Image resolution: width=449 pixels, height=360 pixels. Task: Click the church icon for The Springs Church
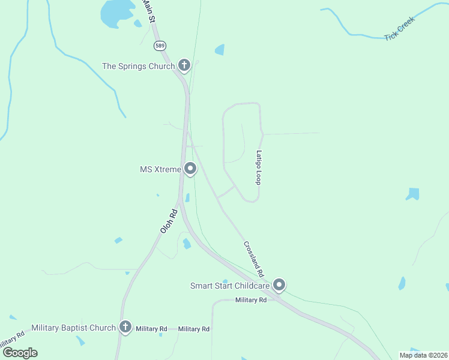point(184,65)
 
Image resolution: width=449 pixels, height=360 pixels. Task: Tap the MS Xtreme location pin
point(190,169)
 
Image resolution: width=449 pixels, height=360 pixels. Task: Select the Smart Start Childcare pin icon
point(279,285)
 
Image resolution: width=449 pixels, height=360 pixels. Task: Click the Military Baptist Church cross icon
point(125,327)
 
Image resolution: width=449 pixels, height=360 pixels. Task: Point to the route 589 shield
point(159,46)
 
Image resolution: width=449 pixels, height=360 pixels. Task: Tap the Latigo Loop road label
point(259,167)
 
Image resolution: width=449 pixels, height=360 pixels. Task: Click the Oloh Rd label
point(169,221)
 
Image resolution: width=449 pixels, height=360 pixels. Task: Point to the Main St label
point(148,11)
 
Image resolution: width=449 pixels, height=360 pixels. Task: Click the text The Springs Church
point(138,66)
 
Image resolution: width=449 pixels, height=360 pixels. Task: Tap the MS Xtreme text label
point(160,170)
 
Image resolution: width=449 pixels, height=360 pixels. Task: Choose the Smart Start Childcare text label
point(230,286)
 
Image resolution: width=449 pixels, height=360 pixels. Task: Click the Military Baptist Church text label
point(73,328)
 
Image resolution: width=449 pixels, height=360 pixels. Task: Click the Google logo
point(20,353)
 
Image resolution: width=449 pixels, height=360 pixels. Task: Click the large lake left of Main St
point(118,12)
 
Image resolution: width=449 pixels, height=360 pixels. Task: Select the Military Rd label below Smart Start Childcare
point(251,300)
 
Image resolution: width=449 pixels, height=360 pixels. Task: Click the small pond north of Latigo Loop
point(220,50)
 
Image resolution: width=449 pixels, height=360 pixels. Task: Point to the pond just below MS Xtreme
point(187,197)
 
